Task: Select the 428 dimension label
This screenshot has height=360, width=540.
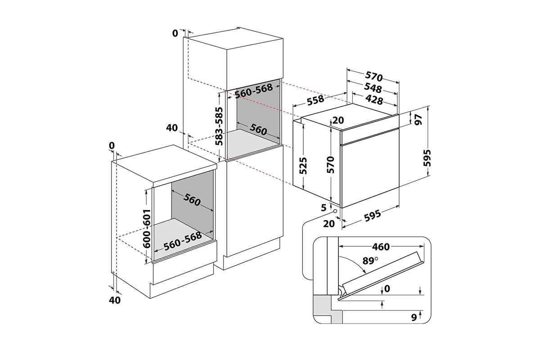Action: point(373,99)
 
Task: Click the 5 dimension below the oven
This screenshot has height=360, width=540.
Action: point(323,207)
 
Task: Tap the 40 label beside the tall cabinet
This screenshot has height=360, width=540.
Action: point(172,128)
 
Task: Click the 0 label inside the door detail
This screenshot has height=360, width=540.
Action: point(387,289)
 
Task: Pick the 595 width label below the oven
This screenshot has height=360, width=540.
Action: point(372,215)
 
